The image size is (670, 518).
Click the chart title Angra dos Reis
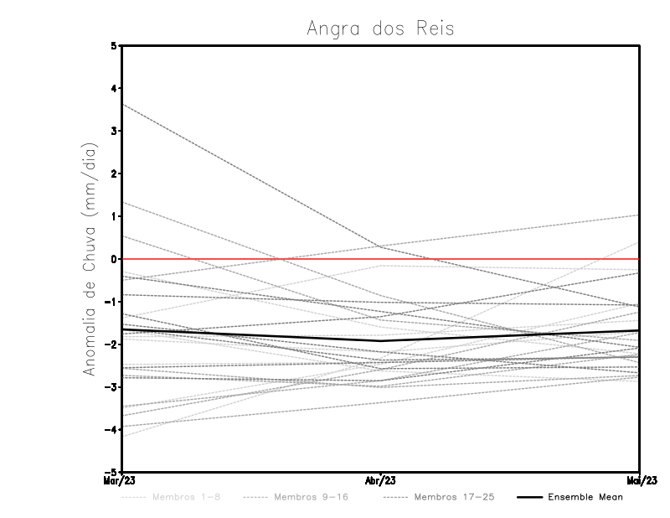pyautogui.click(x=380, y=28)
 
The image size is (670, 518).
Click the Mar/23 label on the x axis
pyautogui.click(x=121, y=481)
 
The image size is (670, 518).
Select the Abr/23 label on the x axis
pyautogui.click(x=381, y=481)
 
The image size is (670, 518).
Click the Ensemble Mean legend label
pyautogui.click(x=585, y=497)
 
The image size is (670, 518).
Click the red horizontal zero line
pyautogui.click(x=502, y=259)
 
